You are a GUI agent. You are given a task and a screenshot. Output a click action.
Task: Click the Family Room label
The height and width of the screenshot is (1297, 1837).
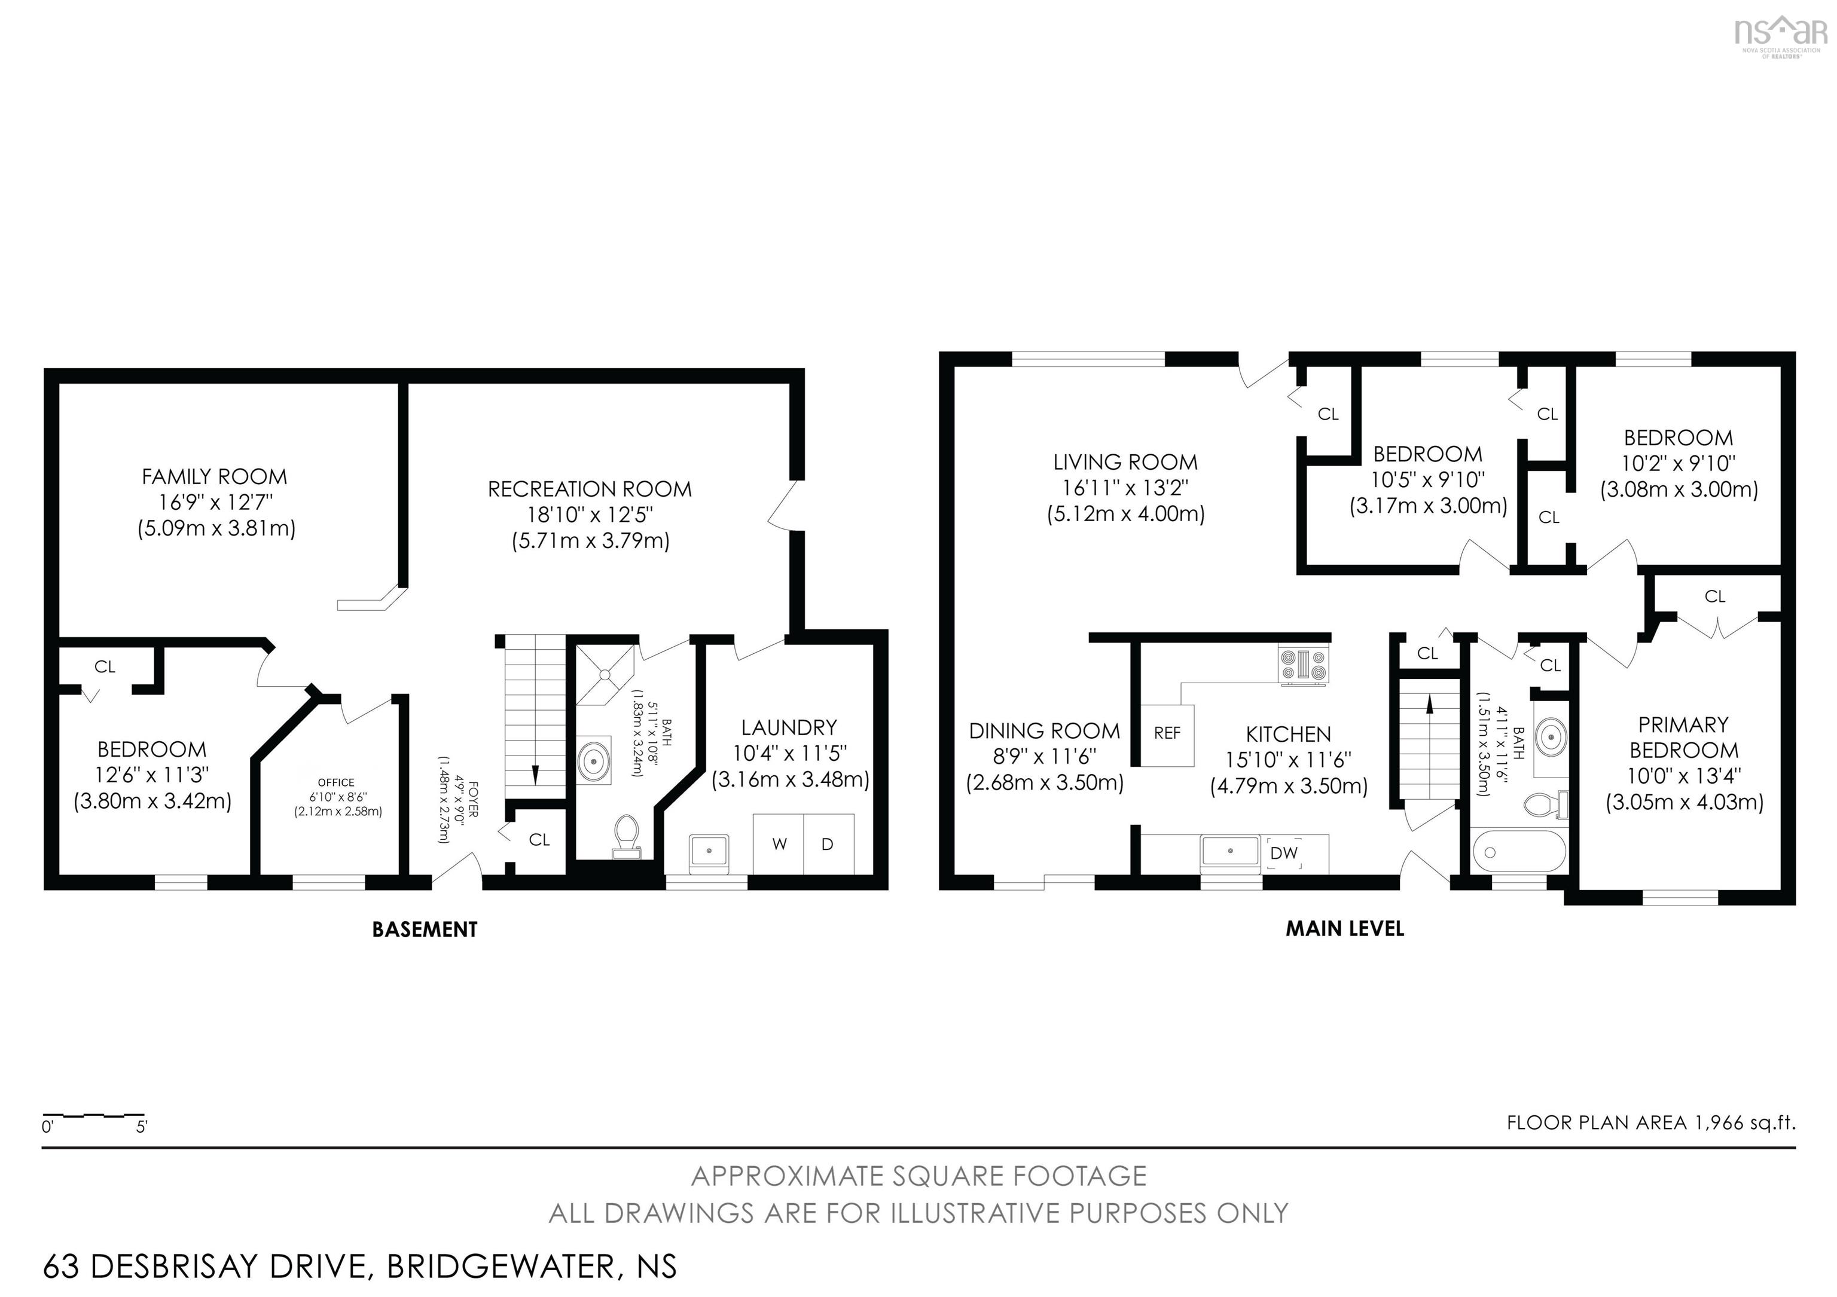tap(215, 476)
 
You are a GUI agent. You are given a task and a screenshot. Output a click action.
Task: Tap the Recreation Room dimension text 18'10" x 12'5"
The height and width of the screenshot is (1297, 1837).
tap(590, 515)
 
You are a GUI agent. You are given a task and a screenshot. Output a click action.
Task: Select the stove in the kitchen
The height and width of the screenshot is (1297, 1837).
tap(1304, 665)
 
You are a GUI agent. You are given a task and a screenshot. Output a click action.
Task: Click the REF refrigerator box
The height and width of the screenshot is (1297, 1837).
tap(1167, 733)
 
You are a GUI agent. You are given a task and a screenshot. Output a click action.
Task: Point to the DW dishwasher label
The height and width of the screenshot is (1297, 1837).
tap(1283, 853)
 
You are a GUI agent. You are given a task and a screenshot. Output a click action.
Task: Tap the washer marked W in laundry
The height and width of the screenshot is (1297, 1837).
tap(779, 845)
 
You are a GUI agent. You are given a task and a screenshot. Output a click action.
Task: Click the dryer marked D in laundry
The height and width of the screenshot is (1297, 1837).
tap(827, 845)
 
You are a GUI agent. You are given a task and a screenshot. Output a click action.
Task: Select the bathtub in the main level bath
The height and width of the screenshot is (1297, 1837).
tap(1518, 852)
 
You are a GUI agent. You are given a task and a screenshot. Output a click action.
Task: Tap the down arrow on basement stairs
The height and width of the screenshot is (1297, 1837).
tap(535, 773)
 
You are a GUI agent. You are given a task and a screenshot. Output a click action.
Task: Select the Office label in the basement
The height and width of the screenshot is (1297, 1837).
tap(336, 782)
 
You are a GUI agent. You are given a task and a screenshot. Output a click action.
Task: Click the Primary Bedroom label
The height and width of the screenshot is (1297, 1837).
tap(1683, 738)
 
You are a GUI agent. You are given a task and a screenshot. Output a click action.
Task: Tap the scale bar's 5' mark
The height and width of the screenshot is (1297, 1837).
tap(142, 1127)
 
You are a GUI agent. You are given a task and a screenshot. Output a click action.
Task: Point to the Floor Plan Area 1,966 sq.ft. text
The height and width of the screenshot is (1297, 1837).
tap(1650, 1122)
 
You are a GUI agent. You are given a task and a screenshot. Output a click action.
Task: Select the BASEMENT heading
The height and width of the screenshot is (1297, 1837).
tap(425, 929)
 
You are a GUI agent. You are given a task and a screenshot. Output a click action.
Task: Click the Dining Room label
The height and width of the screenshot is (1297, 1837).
tap(1044, 731)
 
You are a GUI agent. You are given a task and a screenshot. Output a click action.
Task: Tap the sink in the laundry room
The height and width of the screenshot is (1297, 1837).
tap(709, 850)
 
